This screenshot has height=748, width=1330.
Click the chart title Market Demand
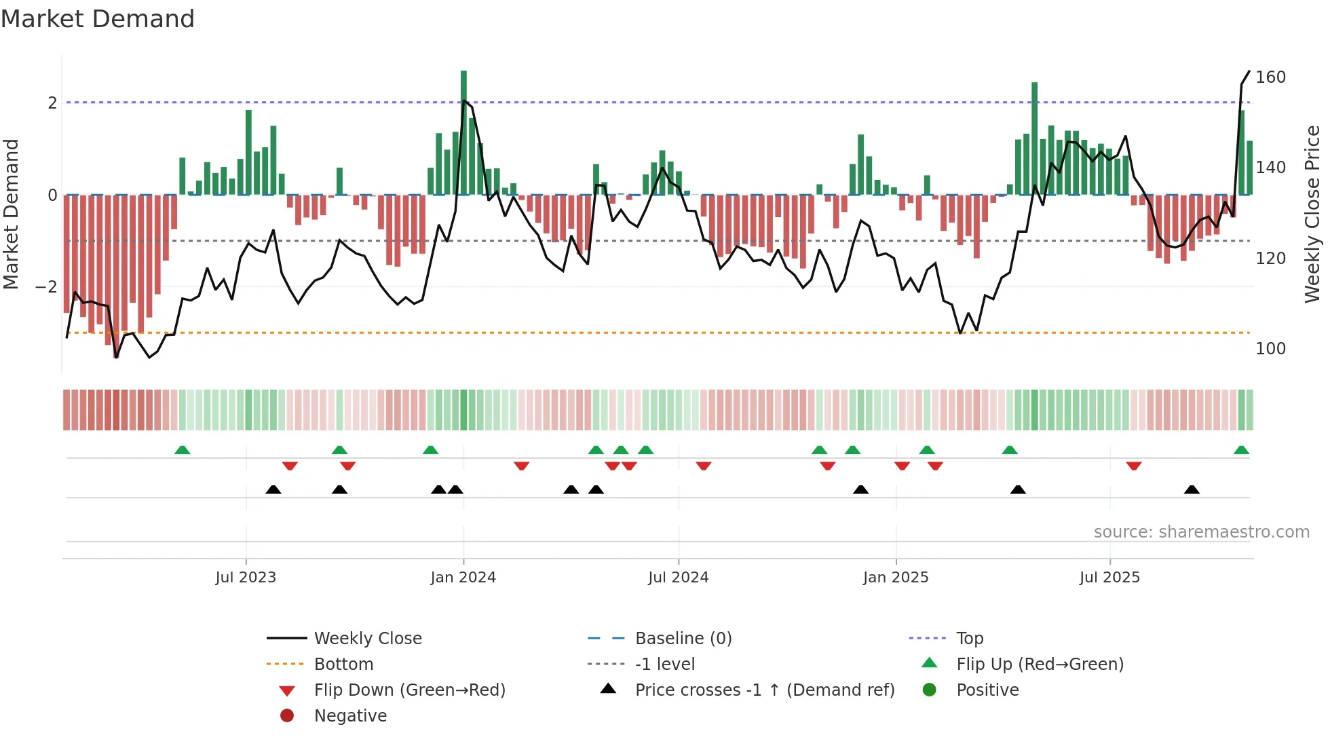[x=98, y=19]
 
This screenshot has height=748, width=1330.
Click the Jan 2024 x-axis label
[x=463, y=578]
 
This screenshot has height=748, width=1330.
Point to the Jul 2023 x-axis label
[x=246, y=578]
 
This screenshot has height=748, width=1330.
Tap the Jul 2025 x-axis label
[x=1109, y=578]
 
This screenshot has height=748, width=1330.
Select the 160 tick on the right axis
[x=1270, y=77]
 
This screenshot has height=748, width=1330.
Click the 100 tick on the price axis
[x=1270, y=349]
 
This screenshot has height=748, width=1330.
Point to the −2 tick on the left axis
[x=46, y=287]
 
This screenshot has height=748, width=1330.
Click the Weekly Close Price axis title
[x=1312, y=214]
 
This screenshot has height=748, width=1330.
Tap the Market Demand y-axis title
[x=12, y=214]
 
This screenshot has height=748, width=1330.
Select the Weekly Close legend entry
[x=367, y=639]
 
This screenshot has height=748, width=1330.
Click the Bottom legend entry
[x=343, y=665]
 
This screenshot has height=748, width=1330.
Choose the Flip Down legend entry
[x=409, y=690]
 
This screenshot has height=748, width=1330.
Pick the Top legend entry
[x=970, y=639]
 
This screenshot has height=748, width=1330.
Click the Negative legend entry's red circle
[x=287, y=716]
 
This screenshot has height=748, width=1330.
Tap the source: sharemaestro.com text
[x=1201, y=532]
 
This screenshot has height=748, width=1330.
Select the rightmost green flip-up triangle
[x=1241, y=450]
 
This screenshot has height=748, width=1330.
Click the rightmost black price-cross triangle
[x=1192, y=489]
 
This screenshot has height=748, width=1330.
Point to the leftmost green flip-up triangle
[x=182, y=450]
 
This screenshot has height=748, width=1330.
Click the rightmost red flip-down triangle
[x=1133, y=466]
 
